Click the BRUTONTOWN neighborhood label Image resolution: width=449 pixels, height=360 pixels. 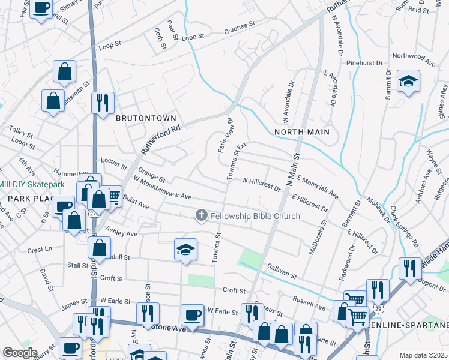(146, 118)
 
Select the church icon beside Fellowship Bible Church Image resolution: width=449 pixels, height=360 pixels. (202, 215)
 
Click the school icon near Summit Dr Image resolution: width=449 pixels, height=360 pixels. (408, 81)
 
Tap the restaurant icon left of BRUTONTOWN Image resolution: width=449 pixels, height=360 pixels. (103, 103)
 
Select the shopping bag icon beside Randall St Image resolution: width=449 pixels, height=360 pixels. (99, 247)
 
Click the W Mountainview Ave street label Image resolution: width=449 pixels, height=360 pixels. (162, 188)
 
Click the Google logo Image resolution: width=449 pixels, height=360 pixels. (20, 353)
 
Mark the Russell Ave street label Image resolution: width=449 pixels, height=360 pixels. (308, 298)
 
